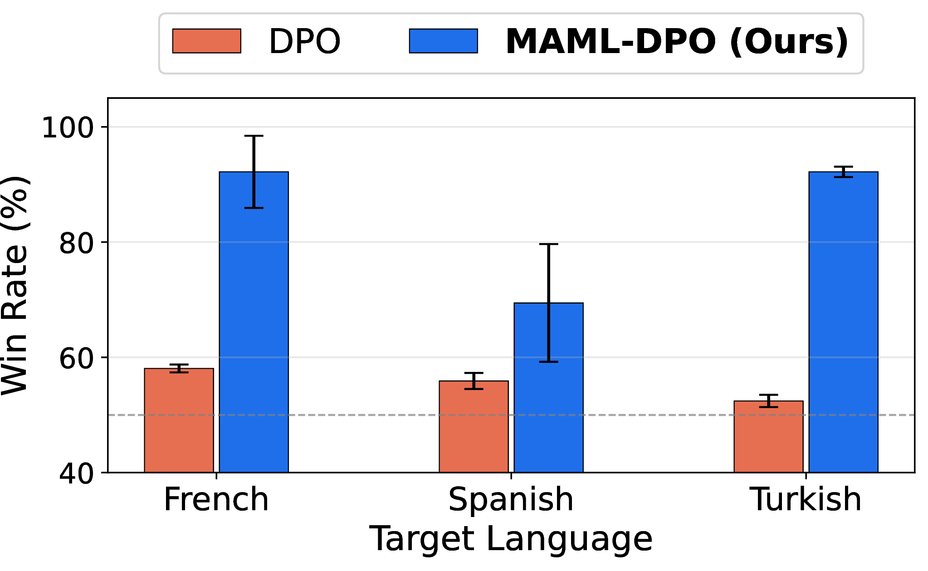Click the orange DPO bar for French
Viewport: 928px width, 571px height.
179,420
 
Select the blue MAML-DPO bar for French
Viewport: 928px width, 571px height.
254,322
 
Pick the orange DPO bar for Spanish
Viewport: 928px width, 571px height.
474,427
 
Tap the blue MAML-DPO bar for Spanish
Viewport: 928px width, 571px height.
549,388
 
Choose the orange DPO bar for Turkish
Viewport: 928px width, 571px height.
769,437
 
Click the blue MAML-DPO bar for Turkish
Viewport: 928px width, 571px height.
844,322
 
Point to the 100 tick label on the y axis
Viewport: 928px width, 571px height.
68,127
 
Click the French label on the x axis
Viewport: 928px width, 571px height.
216,499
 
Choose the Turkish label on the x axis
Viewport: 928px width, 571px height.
806,499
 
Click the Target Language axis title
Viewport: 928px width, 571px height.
511,539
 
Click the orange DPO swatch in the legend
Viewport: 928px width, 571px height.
207,41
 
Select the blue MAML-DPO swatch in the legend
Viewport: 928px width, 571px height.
444,41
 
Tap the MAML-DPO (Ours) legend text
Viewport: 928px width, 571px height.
677,42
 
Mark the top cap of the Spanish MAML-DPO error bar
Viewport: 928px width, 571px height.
549,244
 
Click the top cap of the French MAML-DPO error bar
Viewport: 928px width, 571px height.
254,136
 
